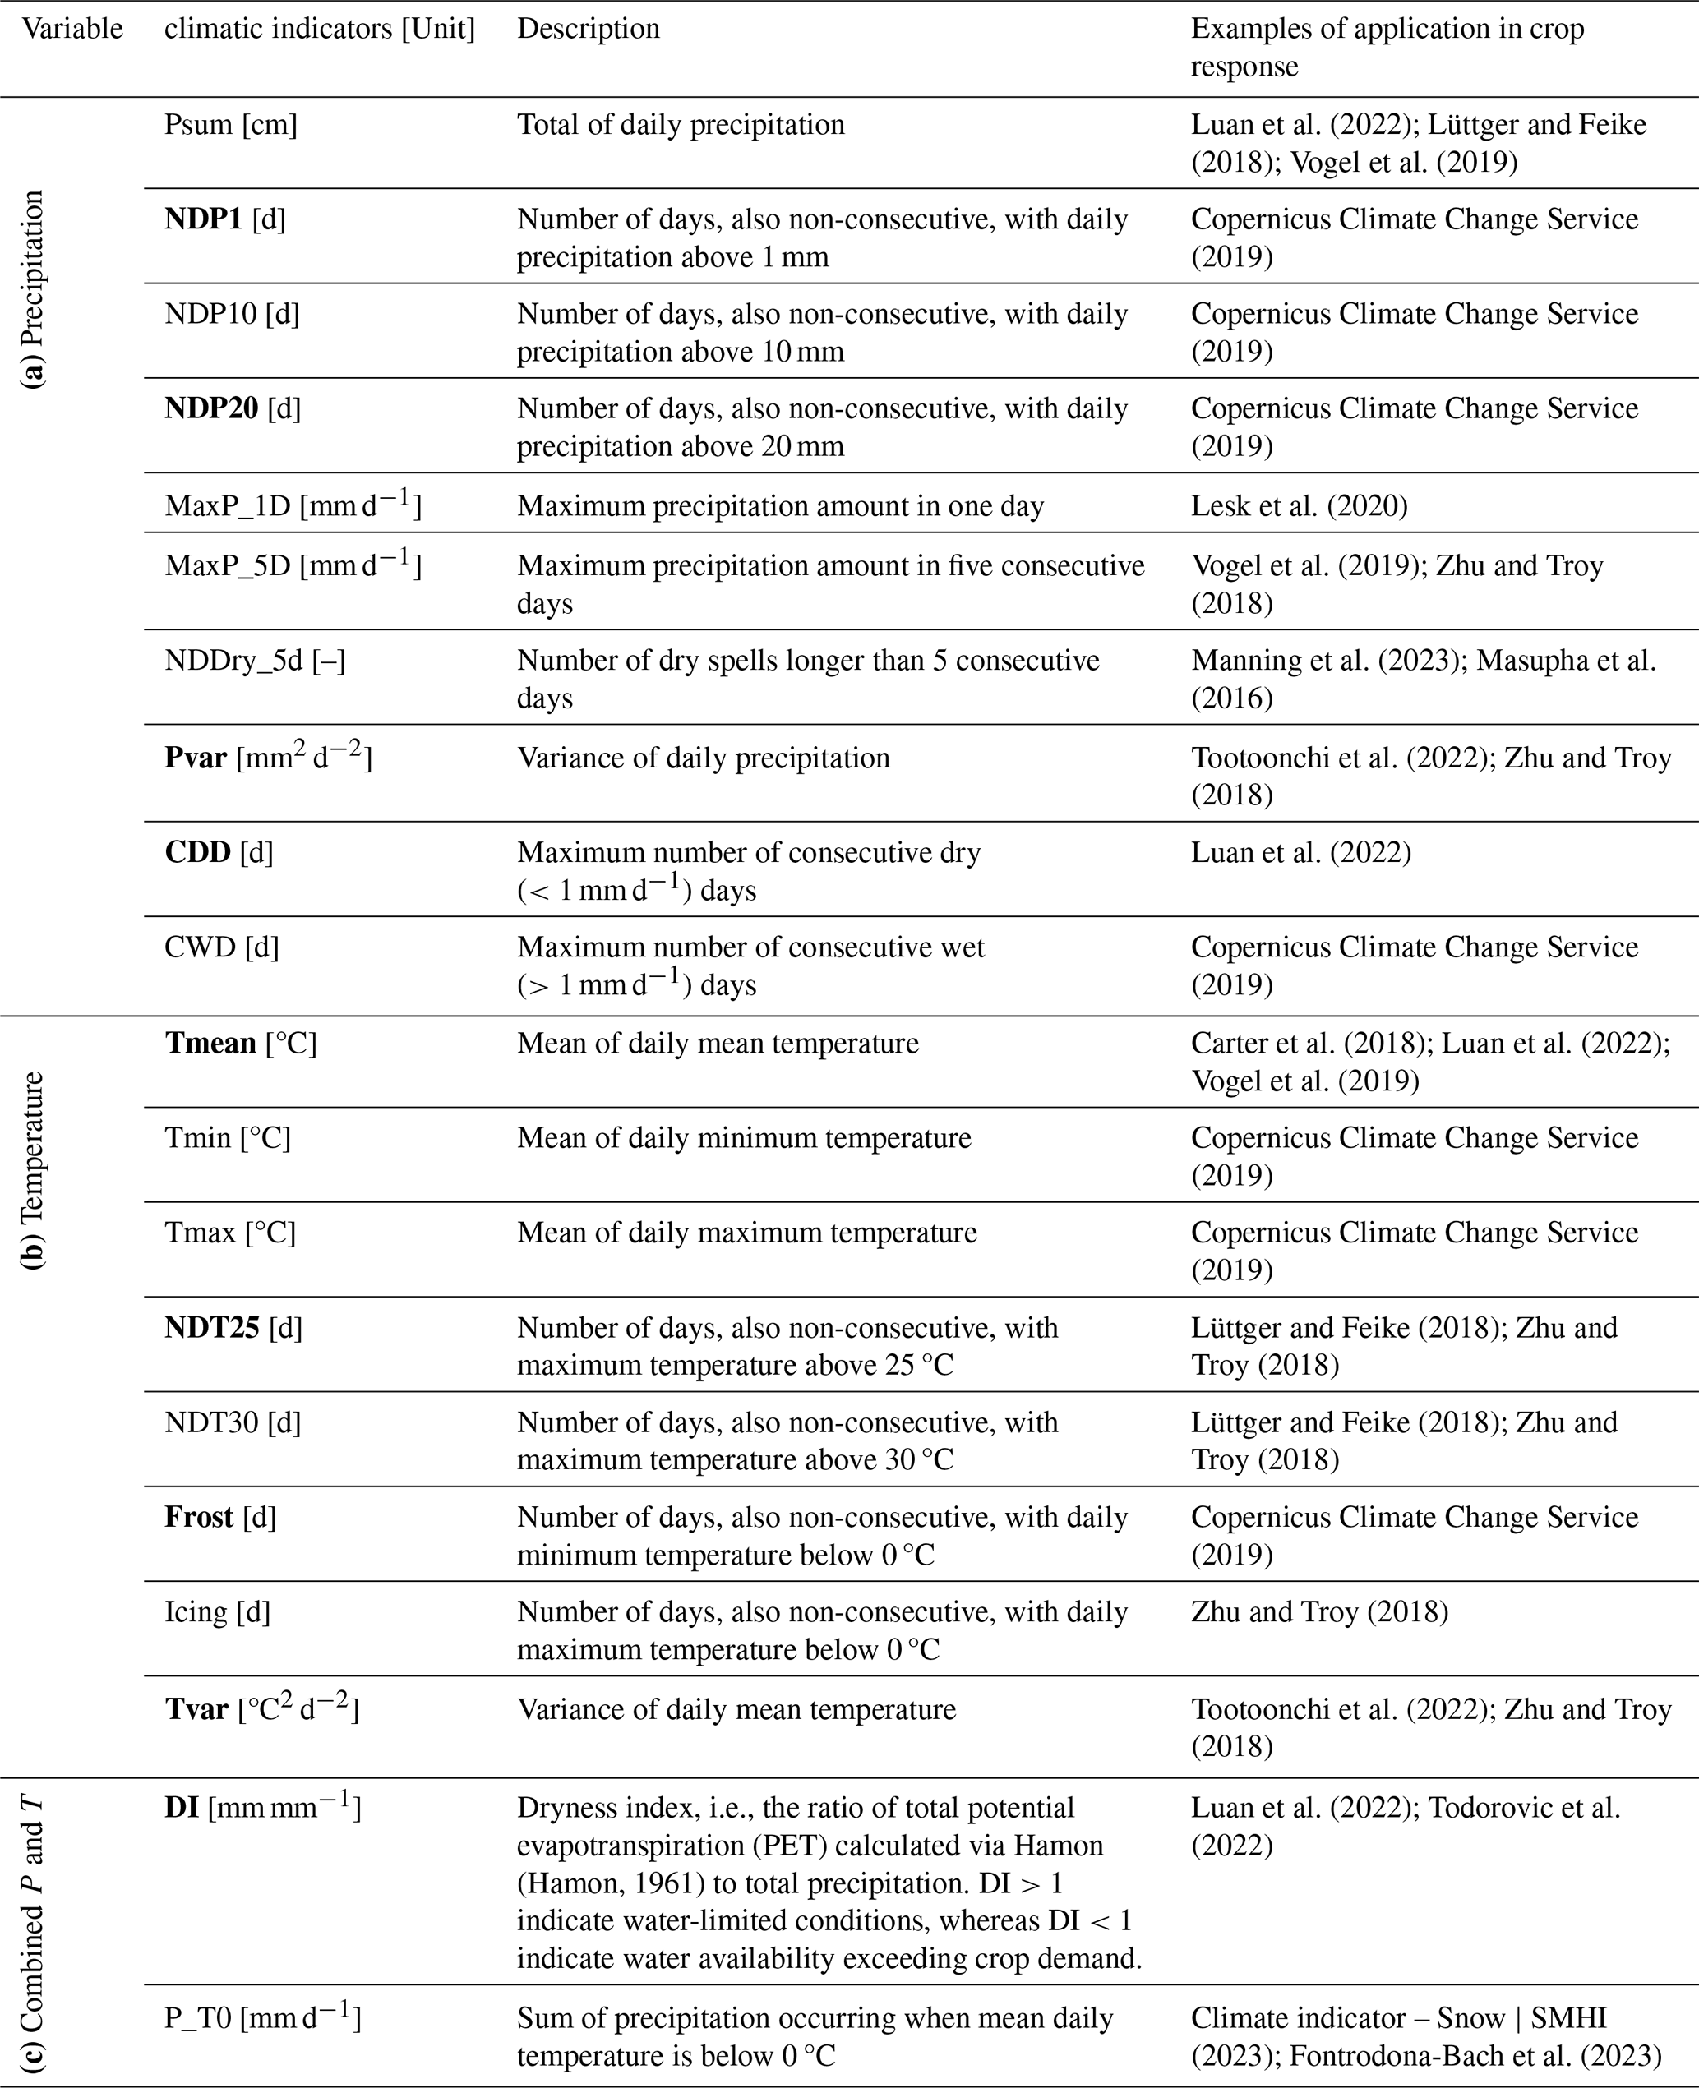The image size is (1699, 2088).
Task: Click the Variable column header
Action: tap(72, 30)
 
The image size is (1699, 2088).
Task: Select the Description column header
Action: tap(589, 30)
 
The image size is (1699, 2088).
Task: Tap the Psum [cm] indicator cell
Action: tap(231, 125)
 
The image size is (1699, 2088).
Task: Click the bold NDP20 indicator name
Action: tap(211, 408)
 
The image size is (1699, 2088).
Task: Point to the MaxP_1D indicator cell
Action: tap(293, 506)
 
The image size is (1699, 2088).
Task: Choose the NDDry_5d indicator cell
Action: tap(255, 661)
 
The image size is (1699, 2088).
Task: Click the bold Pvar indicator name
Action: tap(196, 758)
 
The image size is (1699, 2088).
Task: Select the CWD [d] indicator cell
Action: tap(221, 947)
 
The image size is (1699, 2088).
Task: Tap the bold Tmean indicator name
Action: tap(210, 1043)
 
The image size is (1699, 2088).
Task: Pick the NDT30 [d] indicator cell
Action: tap(233, 1422)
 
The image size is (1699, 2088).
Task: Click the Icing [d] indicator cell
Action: tap(217, 1611)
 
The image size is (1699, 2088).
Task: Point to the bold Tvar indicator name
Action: tap(196, 1709)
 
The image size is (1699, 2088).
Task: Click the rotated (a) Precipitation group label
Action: tap(35, 289)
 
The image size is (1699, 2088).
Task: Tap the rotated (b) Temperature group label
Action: tap(35, 1170)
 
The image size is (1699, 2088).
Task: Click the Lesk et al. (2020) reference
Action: tap(1299, 506)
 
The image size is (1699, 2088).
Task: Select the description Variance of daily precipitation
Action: tap(703, 758)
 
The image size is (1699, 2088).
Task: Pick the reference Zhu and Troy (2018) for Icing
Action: tap(1319, 1611)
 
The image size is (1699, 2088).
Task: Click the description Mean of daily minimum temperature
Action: tap(744, 1138)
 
